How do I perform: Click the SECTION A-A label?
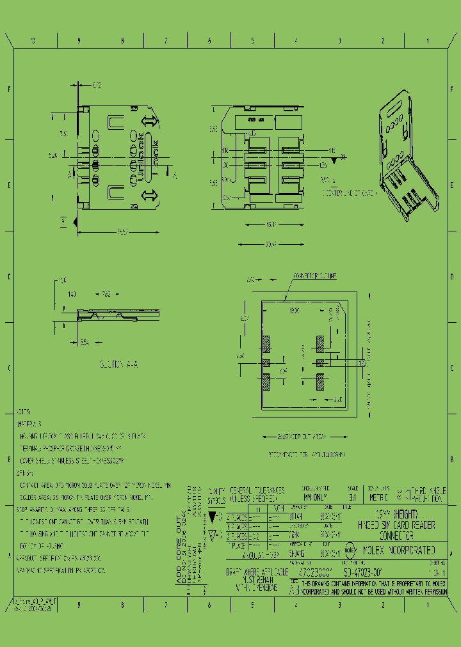[x=118, y=364]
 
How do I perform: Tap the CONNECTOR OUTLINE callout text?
[x=314, y=276]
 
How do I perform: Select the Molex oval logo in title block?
[x=352, y=549]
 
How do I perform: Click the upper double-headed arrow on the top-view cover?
[x=148, y=121]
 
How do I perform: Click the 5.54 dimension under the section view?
[x=84, y=343]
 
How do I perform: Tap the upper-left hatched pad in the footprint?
[x=266, y=344]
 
